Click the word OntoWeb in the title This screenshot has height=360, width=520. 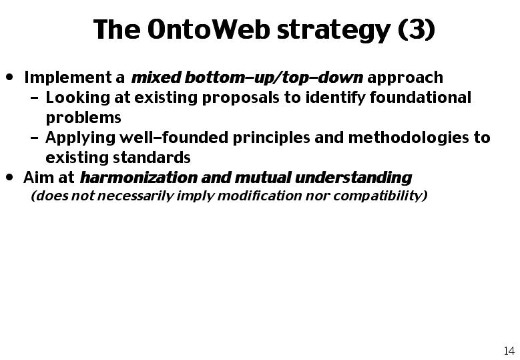click(x=208, y=29)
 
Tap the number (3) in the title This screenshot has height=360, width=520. click(x=416, y=29)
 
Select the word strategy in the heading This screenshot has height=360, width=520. click(x=334, y=31)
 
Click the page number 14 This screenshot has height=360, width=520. click(x=509, y=351)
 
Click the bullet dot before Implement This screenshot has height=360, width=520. click(x=10, y=77)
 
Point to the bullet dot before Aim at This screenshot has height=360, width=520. click(x=10, y=178)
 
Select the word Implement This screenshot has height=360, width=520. click(x=68, y=78)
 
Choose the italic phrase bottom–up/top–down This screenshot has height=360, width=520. click(x=274, y=78)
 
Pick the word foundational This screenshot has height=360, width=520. click(x=421, y=98)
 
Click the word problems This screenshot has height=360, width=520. click(x=83, y=118)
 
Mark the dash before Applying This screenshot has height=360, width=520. click(x=34, y=138)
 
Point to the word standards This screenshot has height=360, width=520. click(x=152, y=157)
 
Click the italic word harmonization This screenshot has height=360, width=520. click(x=139, y=178)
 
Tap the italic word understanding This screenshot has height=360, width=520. click(x=353, y=178)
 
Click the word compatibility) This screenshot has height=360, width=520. click(x=380, y=196)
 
